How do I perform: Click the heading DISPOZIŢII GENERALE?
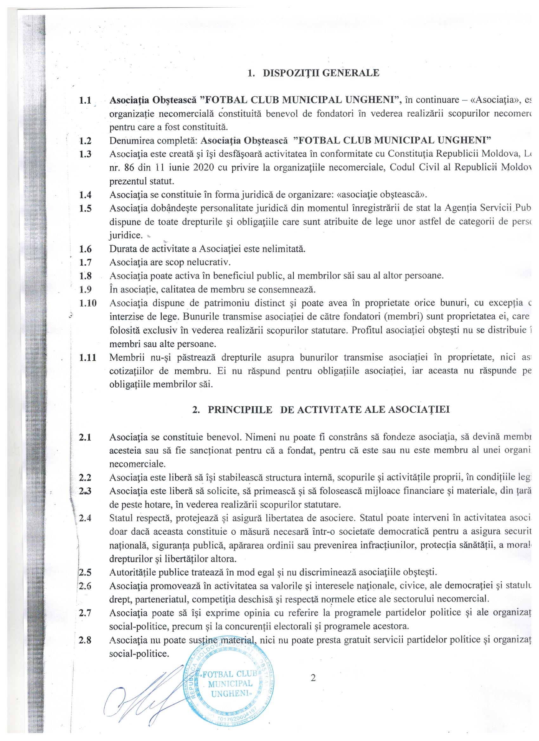pyautogui.click(x=321, y=73)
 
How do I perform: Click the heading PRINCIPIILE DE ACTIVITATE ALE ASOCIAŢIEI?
pyautogui.click(x=328, y=409)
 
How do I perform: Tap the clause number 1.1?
pyautogui.click(x=85, y=100)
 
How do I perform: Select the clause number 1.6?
pyautogui.click(x=85, y=249)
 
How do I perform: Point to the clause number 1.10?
pyautogui.click(x=87, y=303)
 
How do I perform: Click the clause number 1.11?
pyautogui.click(x=87, y=358)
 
